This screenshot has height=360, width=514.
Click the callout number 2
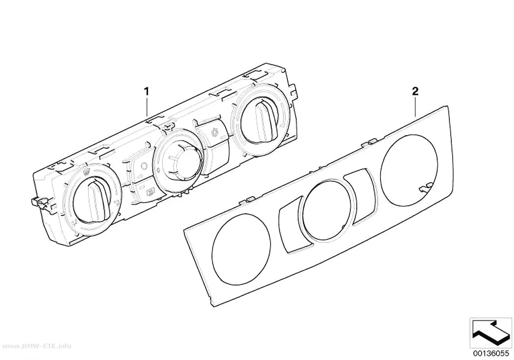click(x=415, y=92)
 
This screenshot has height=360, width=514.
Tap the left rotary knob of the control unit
click(x=92, y=201)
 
